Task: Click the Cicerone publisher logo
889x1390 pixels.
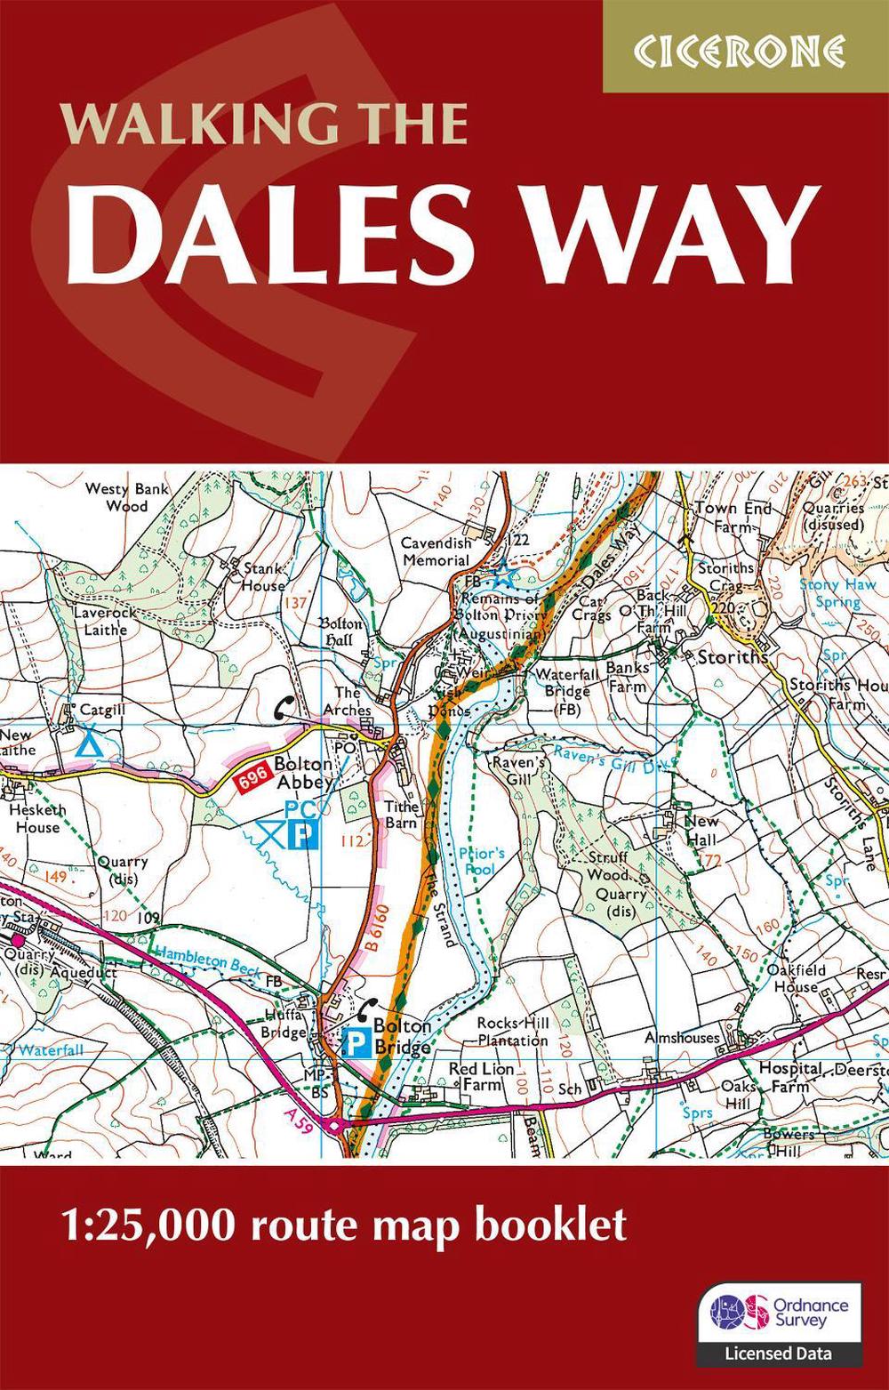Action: click(x=746, y=52)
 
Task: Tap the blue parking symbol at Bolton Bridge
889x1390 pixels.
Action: click(x=357, y=1041)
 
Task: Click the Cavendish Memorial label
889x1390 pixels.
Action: click(x=436, y=551)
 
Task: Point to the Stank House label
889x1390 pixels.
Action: click(x=264, y=576)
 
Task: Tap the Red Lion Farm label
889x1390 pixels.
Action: click(x=481, y=1076)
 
